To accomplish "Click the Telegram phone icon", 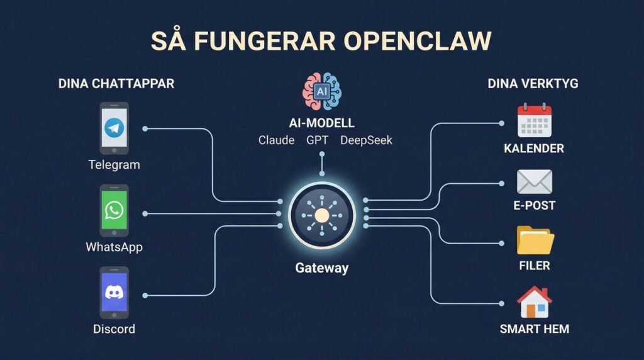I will point(114,128).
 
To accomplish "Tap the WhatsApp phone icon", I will point(114,210).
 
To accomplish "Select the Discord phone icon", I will point(114,293).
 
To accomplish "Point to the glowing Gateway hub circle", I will point(321,216).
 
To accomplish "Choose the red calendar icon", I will point(534,121).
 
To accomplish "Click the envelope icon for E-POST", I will point(534,182).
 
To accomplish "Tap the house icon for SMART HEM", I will point(534,302).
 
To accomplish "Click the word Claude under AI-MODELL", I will point(276,140).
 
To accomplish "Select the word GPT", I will point(317,140).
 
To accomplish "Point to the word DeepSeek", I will point(366,140).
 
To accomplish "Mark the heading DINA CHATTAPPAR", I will point(116,84).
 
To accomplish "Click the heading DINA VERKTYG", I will point(533,84).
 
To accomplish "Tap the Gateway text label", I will point(321,268).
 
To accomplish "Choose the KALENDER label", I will point(534,149).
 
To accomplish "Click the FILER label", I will point(534,266).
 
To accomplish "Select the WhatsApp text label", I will point(114,247).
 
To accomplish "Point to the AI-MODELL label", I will point(321,123).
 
